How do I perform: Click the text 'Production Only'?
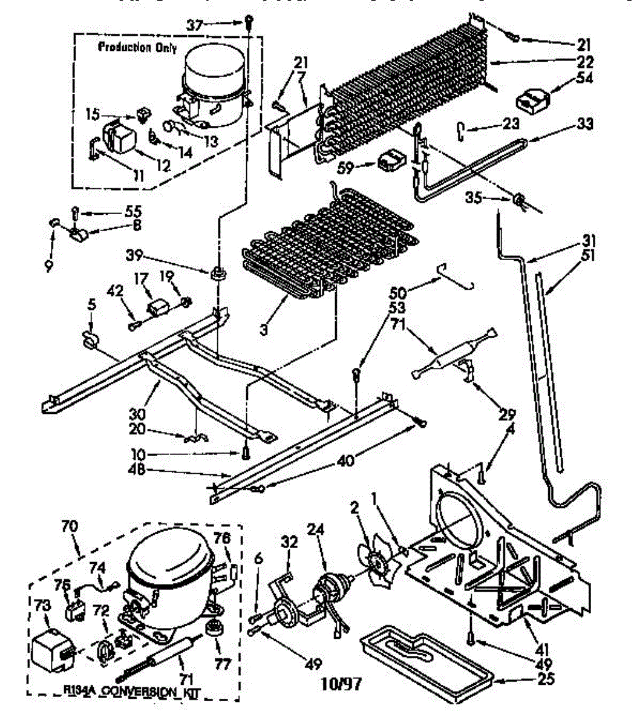click(x=137, y=48)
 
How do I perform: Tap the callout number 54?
click(x=586, y=77)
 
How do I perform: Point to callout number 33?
click(x=584, y=124)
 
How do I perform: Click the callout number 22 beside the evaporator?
click(x=585, y=62)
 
